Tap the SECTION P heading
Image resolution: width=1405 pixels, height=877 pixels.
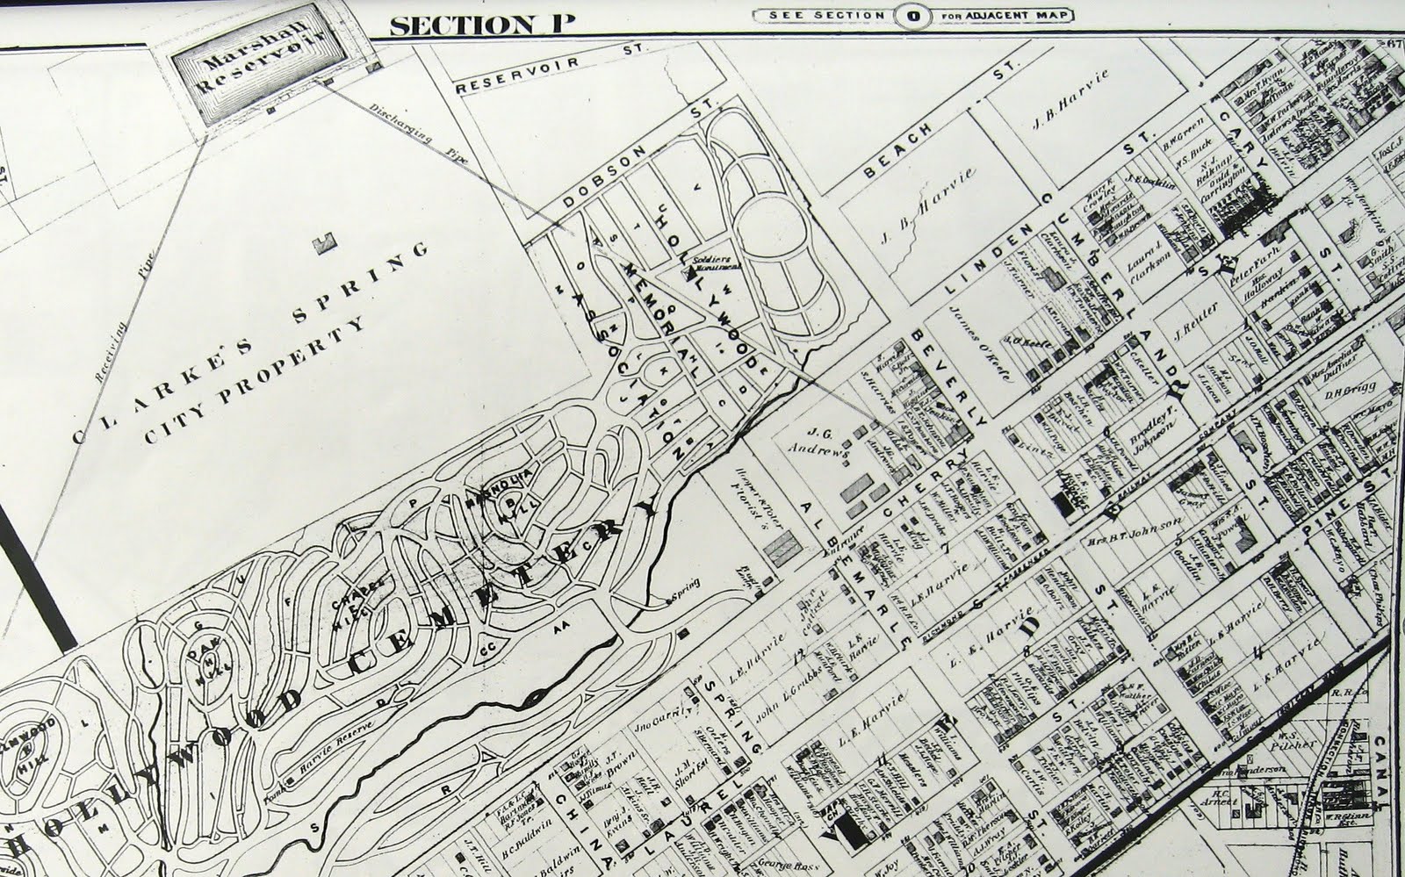click(x=481, y=24)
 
